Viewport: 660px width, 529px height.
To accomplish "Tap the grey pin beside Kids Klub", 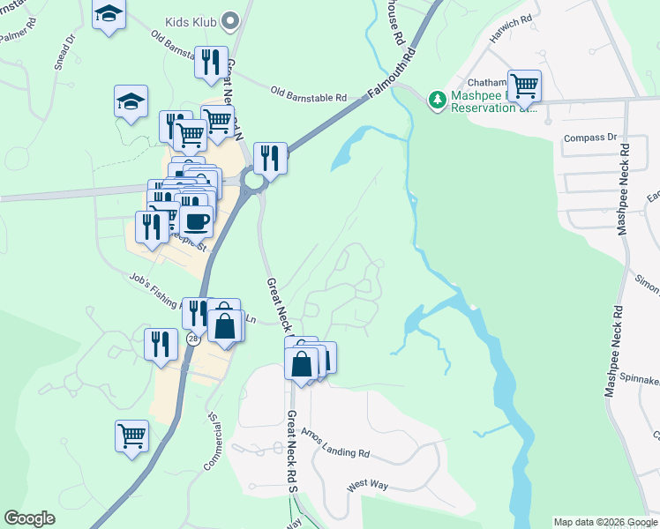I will tap(231, 19).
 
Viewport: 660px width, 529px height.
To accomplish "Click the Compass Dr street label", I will tap(590, 138).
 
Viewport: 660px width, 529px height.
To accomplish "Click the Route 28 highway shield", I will tap(192, 339).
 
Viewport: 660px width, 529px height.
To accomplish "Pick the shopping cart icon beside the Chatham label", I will tap(524, 86).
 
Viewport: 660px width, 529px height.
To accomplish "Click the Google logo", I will tap(29, 518).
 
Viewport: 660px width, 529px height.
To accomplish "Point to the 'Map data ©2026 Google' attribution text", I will tap(604, 522).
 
